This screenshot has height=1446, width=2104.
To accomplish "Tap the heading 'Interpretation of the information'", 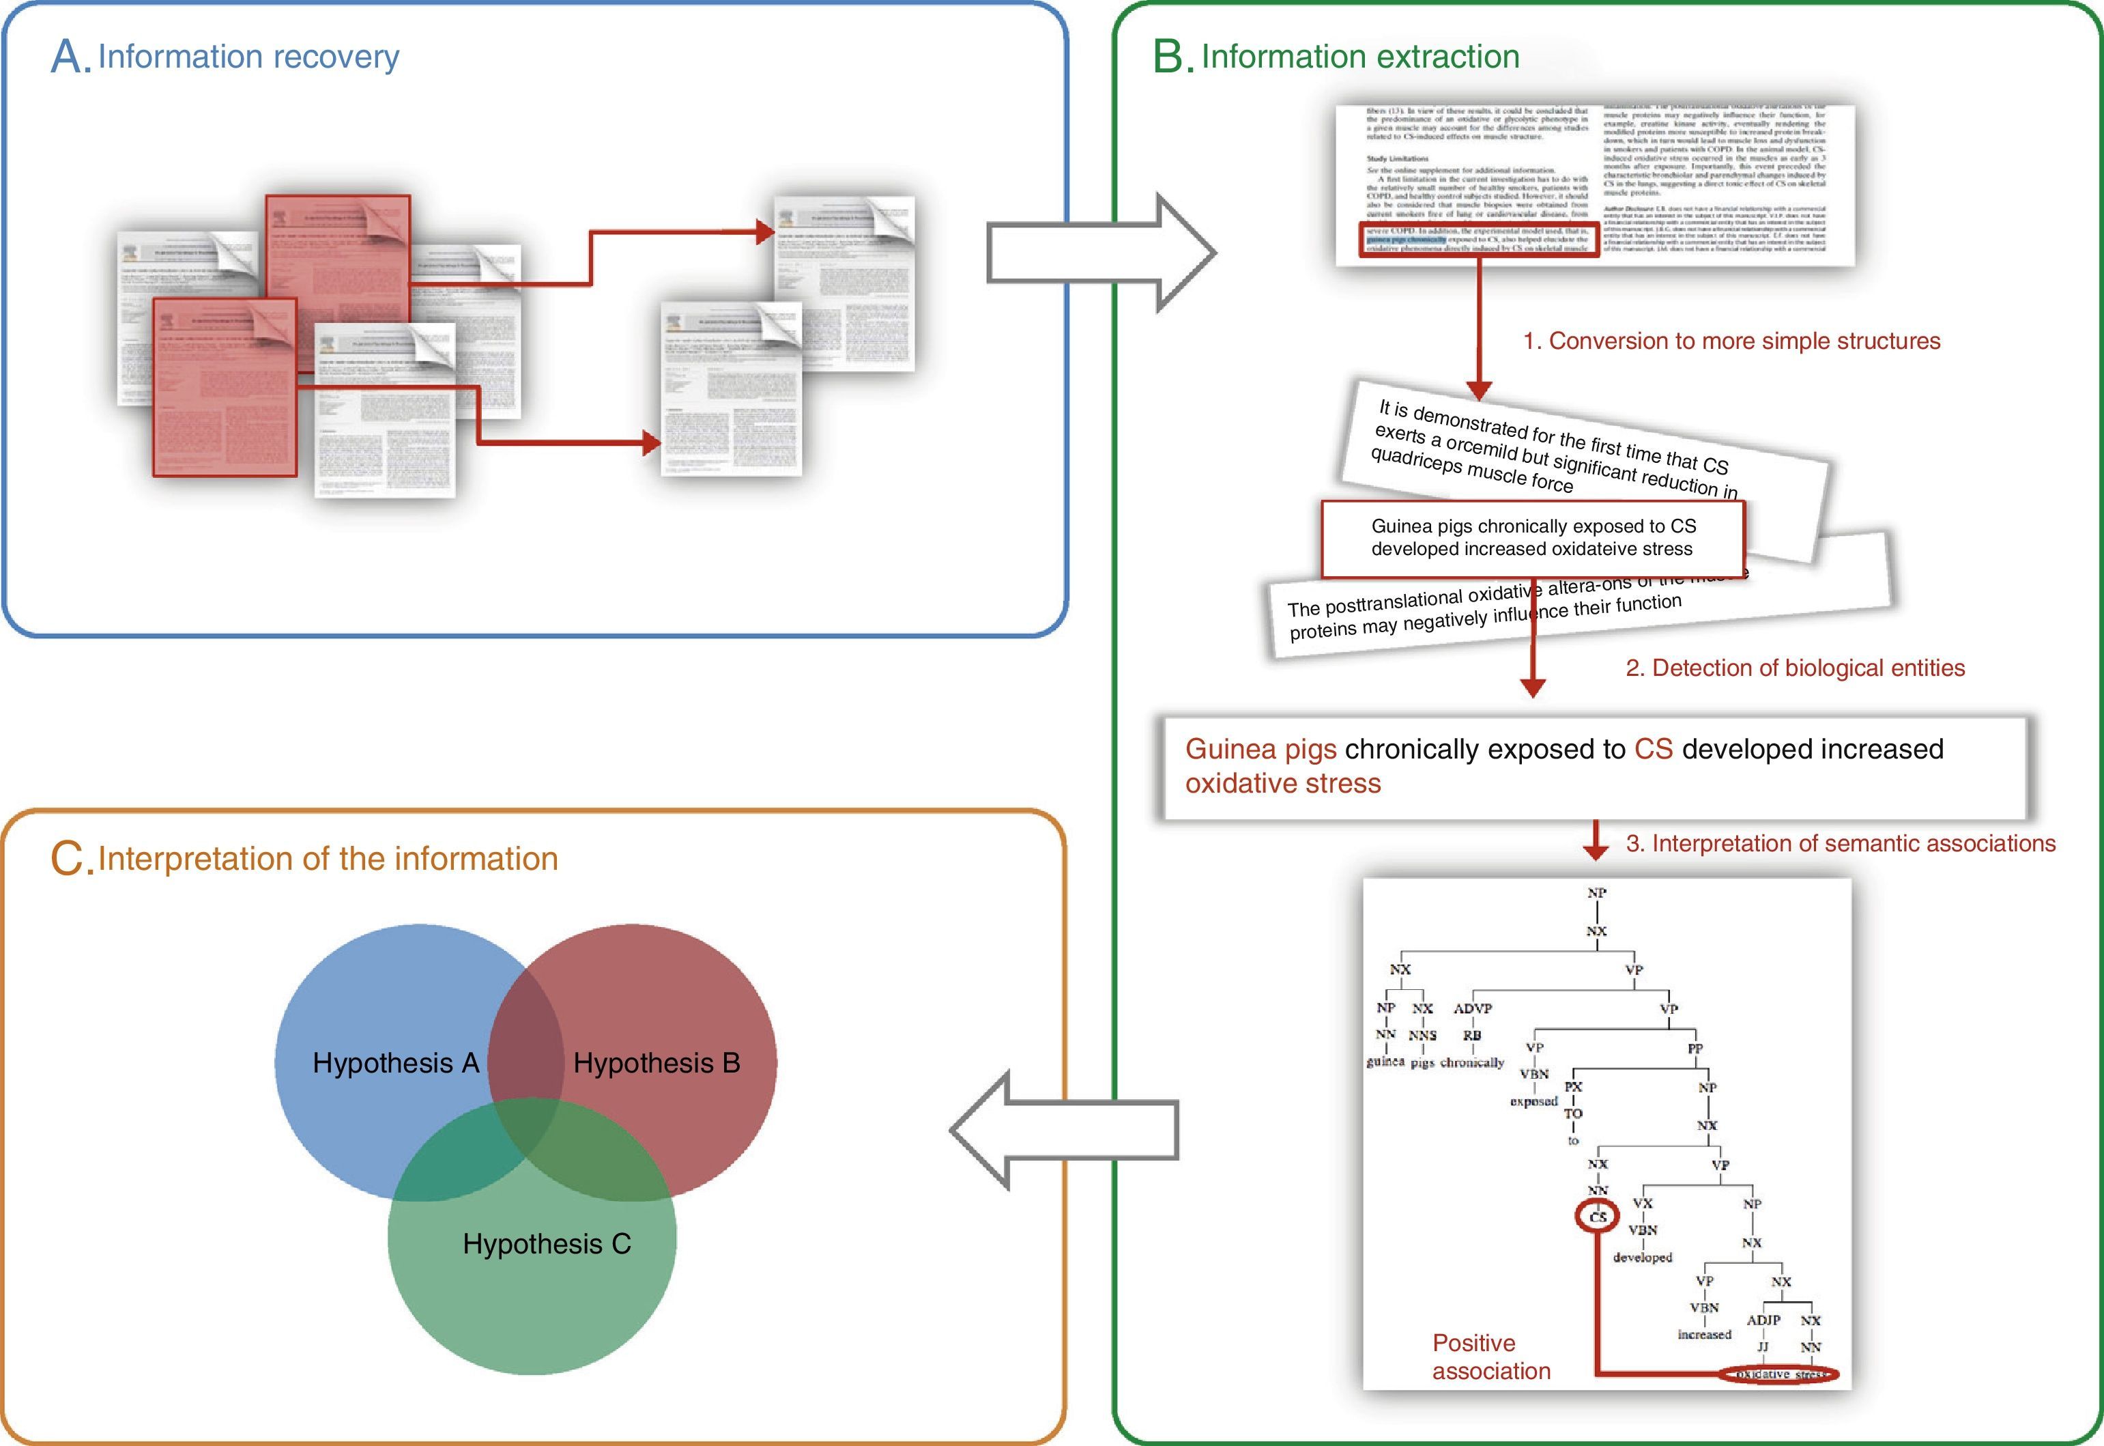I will [x=327, y=858].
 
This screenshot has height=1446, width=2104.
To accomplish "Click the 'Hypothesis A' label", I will [x=395, y=1063].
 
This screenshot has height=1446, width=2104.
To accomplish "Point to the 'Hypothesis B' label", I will [x=657, y=1063].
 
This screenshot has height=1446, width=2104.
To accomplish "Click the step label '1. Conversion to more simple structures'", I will [x=1731, y=341].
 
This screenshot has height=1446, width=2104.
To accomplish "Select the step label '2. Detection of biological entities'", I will [x=1794, y=668].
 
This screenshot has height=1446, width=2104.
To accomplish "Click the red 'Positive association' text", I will [x=1491, y=1357].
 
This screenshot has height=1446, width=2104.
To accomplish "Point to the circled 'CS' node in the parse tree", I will [x=1598, y=1217].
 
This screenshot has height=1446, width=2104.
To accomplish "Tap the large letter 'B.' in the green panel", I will [x=1174, y=58].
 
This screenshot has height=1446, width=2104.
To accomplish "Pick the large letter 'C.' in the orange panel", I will [x=72, y=859].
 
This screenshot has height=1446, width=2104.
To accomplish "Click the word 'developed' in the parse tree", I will [x=1642, y=1258].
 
